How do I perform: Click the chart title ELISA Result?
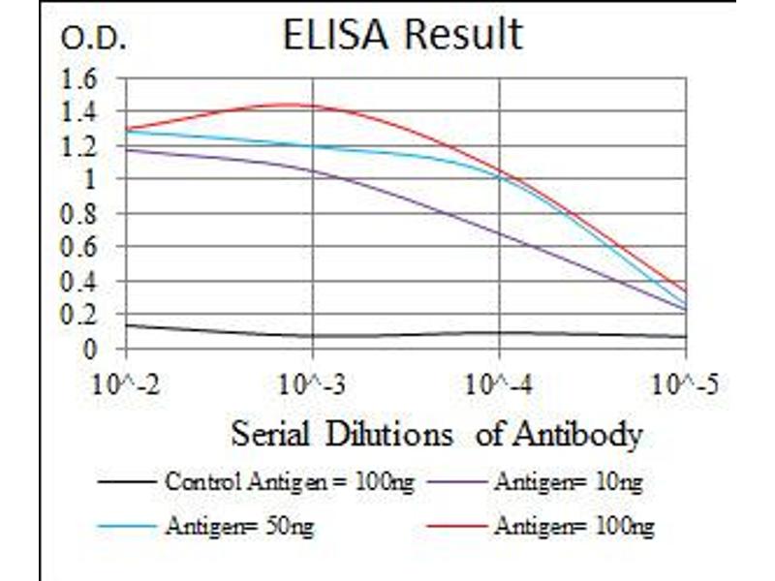[x=402, y=35]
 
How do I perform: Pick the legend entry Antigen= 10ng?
[x=567, y=481]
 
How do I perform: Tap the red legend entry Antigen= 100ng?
[x=573, y=527]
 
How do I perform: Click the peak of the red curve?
[x=291, y=105]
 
